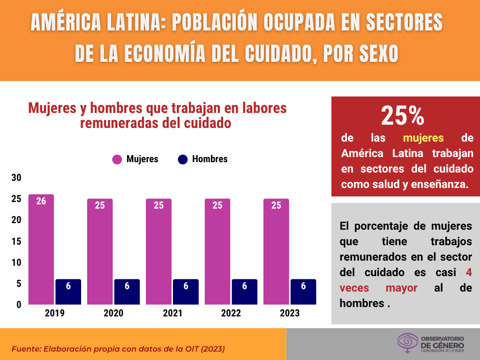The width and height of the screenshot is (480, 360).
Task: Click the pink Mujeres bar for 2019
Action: [41, 253]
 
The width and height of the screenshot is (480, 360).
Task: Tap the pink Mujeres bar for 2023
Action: [276, 253]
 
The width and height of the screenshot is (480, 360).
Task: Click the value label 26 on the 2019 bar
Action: [41, 202]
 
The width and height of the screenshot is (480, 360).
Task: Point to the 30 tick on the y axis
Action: [16, 178]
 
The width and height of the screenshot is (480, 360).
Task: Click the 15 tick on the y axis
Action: [16, 241]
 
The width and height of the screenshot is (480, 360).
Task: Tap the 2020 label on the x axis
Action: [113, 313]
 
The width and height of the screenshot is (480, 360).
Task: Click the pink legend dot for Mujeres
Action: [117, 159]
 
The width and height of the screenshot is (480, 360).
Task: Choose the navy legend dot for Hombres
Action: [183, 159]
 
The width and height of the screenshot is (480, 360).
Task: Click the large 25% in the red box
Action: [402, 116]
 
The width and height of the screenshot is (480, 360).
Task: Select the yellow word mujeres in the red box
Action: [423, 138]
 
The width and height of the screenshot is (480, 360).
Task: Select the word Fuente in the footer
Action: [27, 349]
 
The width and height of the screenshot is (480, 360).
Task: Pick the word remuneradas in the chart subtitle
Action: [115, 124]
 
